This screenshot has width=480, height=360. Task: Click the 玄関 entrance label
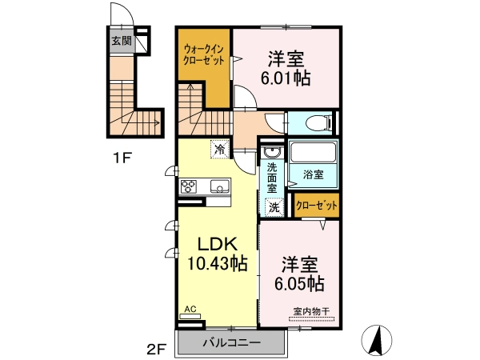tap(122, 41)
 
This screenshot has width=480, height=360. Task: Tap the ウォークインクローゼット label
tap(203, 54)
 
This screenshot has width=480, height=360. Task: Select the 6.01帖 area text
tap(286, 78)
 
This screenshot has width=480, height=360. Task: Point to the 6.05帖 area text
tap(299, 283)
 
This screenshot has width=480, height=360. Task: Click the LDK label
tap(218, 244)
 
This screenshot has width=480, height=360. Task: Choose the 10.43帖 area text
tap(217, 263)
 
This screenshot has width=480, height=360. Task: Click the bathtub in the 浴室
tap(313, 152)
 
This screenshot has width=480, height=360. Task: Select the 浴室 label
tap(313, 174)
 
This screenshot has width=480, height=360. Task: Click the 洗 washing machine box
tap(274, 207)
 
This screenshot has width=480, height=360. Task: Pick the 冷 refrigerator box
tap(220, 149)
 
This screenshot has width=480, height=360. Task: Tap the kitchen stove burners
tap(189, 186)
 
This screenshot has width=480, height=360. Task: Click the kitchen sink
tap(219, 186)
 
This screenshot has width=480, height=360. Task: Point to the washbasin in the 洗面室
tap(271, 151)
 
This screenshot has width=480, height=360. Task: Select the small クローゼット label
tap(317, 206)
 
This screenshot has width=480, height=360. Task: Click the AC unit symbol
tap(190, 316)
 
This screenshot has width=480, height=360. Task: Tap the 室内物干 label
tap(311, 312)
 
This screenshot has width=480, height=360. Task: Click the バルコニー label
tap(232, 342)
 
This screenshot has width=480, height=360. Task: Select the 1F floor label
tap(122, 158)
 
